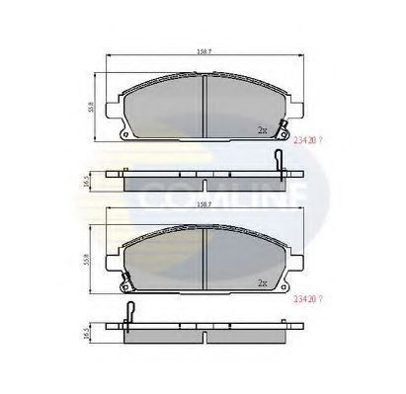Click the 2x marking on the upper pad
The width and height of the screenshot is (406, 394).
click(x=263, y=129)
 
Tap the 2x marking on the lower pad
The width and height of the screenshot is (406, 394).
click(x=263, y=283)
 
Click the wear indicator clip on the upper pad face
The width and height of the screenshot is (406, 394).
click(x=284, y=129)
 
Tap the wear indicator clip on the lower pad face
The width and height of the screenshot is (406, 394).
click(x=125, y=287)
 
